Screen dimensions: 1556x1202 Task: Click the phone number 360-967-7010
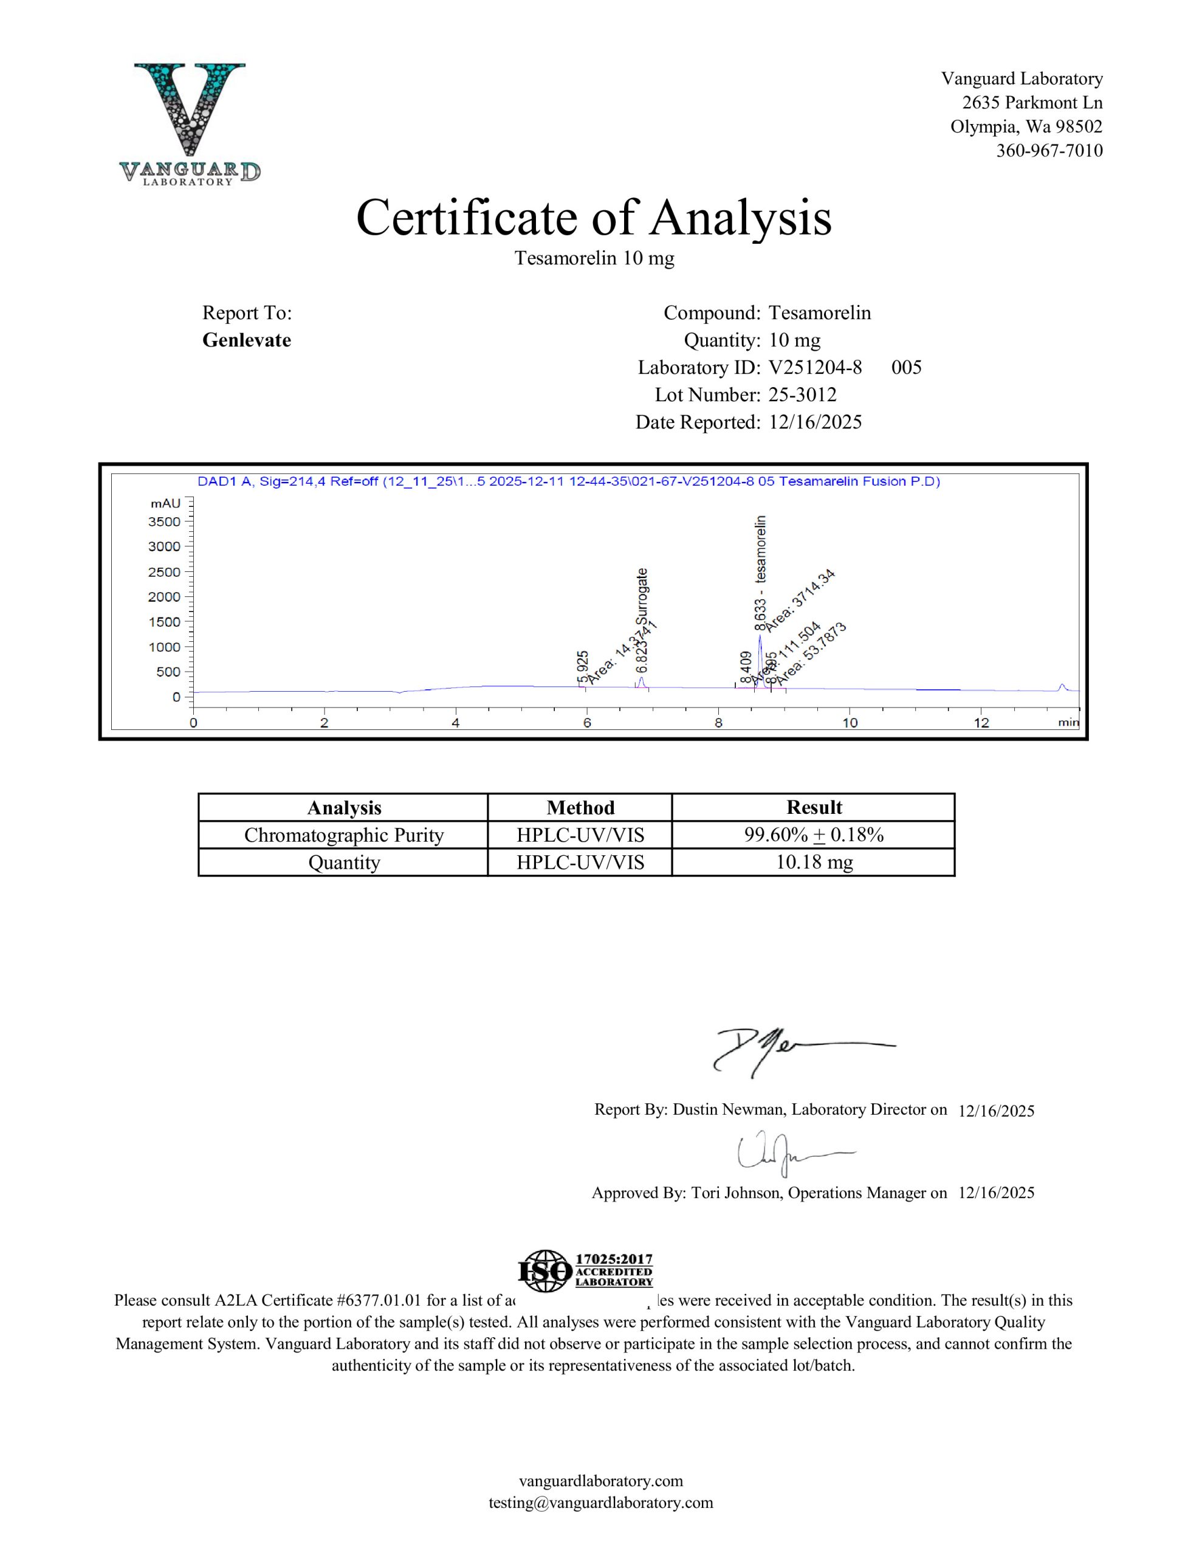pos(1049,150)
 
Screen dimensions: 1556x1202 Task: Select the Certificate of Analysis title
pos(594,218)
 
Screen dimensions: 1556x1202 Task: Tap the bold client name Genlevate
pos(247,340)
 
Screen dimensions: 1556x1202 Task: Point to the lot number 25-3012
pos(802,394)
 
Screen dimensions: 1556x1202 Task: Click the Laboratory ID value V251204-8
pos(815,368)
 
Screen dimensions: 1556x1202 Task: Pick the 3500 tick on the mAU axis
pos(165,522)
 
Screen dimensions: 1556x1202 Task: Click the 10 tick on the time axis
pos(850,723)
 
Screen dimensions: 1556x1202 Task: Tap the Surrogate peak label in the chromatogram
pos(643,597)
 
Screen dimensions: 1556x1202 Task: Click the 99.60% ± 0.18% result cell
pos(814,835)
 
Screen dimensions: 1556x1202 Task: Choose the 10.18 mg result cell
pos(814,862)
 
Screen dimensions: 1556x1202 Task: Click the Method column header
pos(580,808)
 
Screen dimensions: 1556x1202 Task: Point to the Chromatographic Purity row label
pos(343,835)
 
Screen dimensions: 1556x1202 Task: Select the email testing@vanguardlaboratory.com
pos(600,1503)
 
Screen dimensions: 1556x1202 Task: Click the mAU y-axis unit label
pos(165,504)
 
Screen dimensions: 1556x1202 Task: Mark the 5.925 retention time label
pos(583,667)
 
